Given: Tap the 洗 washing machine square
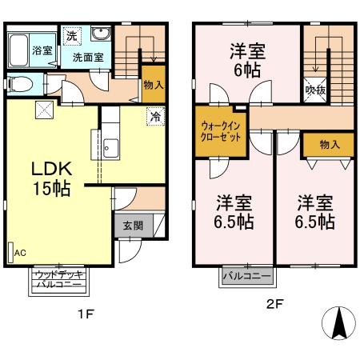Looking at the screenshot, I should coord(72,35).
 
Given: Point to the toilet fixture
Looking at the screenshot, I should coord(20,82).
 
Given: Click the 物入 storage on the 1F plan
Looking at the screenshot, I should coord(154,85).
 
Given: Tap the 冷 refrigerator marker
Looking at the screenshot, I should coord(153,118).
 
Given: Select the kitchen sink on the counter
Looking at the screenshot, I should coord(110,147).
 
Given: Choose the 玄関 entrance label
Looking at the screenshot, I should coord(133,226).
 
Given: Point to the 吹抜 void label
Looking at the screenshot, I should coord(315,90).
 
